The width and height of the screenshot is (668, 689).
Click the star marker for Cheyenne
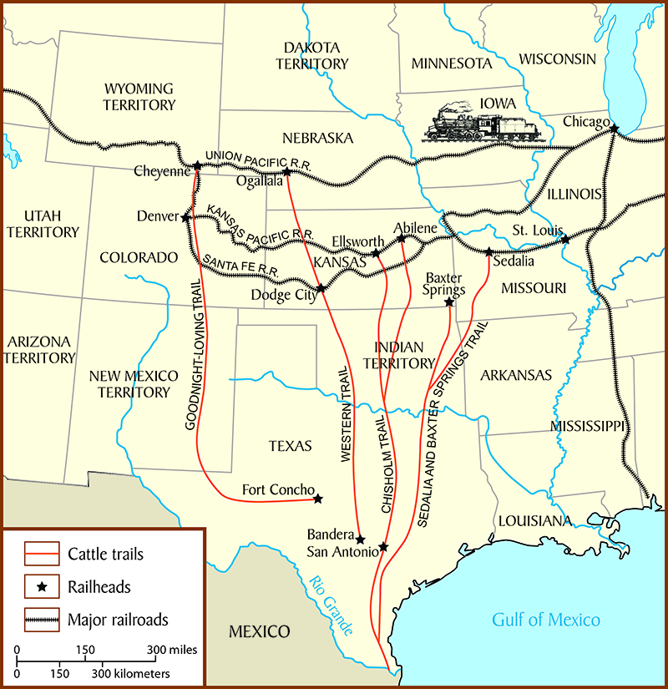coord(197,165)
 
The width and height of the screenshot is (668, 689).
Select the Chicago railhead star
coord(615,129)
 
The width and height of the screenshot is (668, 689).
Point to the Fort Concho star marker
coord(318,499)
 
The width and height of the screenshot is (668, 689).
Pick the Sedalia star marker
coord(489,251)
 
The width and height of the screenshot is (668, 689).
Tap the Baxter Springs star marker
coord(449,302)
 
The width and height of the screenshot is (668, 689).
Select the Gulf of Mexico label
coord(545,620)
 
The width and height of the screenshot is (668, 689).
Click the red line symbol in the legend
coord(42,554)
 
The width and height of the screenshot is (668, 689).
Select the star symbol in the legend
coord(42,587)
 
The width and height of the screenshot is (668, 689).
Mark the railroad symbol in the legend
coord(42,620)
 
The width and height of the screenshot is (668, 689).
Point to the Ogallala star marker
coord(286,172)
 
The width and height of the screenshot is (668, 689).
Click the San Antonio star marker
coord(383,547)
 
